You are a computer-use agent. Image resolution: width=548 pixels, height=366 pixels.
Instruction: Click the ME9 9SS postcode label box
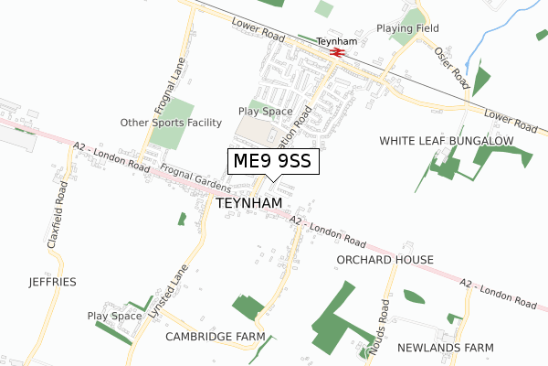(272, 162)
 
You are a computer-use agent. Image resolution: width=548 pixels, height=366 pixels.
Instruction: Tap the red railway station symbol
(337, 53)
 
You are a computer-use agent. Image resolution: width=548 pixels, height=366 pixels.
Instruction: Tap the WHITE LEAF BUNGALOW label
(447, 141)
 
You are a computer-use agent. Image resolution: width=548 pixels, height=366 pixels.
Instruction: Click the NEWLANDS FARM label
(446, 348)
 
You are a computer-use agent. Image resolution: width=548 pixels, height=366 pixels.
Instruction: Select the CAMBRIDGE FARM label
(215, 337)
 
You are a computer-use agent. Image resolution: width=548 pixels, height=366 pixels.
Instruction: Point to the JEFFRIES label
(52, 281)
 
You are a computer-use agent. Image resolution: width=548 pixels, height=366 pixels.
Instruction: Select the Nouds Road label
(383, 319)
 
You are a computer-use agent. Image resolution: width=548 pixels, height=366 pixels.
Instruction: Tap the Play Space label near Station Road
(265, 112)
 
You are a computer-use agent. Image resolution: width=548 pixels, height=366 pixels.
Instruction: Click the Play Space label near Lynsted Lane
(115, 316)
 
